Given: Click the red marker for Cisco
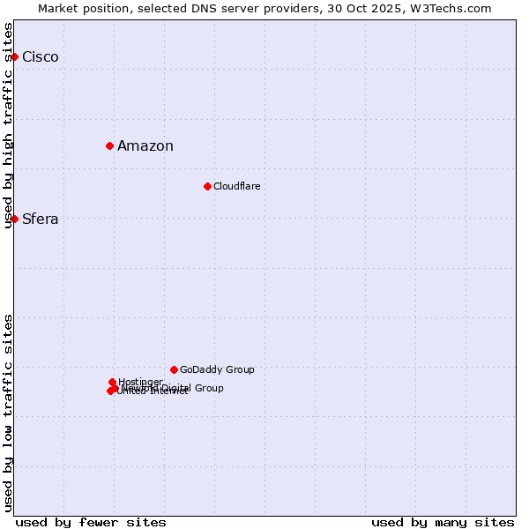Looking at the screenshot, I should [x=14, y=56].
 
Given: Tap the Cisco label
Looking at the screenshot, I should [x=41, y=57].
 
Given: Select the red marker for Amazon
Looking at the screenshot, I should [x=109, y=145].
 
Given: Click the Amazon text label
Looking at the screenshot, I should [x=145, y=146].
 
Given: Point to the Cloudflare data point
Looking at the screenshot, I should [x=207, y=186].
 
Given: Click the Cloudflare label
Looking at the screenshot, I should [x=236, y=186].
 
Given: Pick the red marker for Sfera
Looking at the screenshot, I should [x=14, y=219].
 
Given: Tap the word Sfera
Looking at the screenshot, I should [x=41, y=220].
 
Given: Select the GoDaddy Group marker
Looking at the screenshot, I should [x=174, y=369].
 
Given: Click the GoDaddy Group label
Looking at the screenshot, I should [x=217, y=369].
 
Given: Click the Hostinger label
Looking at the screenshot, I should [x=140, y=382].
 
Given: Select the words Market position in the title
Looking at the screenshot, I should [x=83, y=8].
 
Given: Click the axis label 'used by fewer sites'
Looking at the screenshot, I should [x=91, y=522].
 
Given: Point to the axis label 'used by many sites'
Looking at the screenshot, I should [x=443, y=522].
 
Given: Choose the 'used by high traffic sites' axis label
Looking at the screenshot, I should [x=8, y=125].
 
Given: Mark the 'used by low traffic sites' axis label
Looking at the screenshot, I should [x=8, y=413].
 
